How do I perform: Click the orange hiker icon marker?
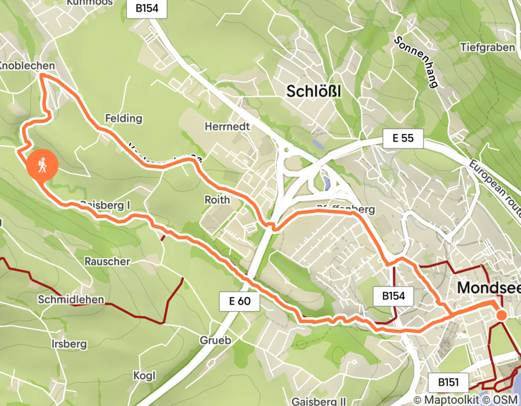42,166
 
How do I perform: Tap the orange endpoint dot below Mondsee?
501,314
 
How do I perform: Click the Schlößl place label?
313,91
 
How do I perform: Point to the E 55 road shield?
403,139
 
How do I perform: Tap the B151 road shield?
448,382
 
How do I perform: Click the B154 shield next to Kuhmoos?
147,9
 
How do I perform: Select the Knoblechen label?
27,66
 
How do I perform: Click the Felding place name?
123,118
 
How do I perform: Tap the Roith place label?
217,200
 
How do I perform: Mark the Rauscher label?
107,261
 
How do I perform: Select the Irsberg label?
69,344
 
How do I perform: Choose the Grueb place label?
215,340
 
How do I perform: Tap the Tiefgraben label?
487,47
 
